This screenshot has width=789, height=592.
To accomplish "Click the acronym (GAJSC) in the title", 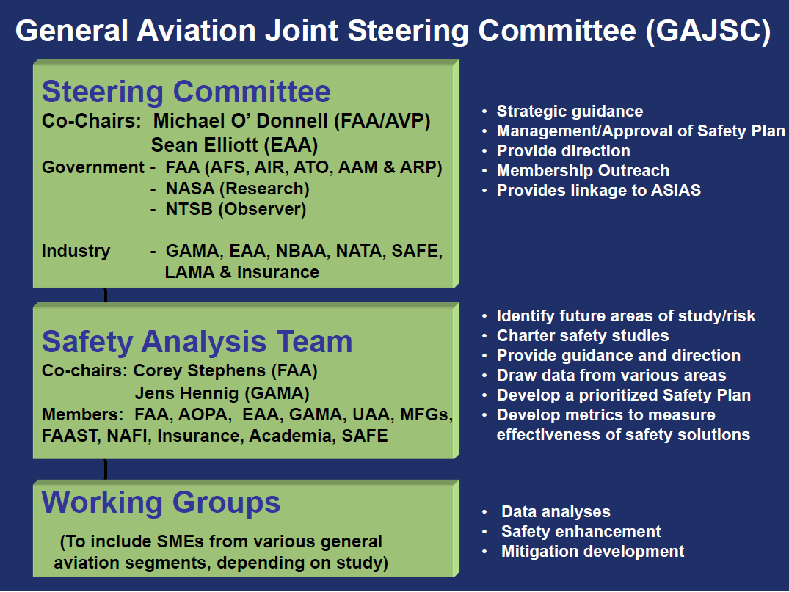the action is [x=708, y=32].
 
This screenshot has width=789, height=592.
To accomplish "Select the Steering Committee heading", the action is [x=186, y=92].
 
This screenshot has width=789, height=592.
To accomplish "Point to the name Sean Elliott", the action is [x=204, y=145].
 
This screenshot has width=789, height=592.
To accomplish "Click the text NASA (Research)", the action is [x=238, y=189].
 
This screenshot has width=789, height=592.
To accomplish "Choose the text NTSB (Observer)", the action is [x=236, y=209].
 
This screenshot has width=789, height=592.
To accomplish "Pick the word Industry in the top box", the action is [x=76, y=251].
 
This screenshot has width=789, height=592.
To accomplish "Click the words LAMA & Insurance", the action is [x=242, y=272].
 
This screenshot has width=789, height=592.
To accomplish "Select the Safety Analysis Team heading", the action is [x=197, y=342].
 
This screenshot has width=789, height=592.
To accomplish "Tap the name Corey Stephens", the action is [x=199, y=370].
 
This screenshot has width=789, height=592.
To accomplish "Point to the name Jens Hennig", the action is [x=187, y=392].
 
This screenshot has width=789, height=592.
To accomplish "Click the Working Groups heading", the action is [x=161, y=503].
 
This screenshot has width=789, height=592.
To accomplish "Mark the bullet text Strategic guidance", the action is [x=570, y=112].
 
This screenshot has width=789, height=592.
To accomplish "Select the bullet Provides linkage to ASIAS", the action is [x=599, y=190].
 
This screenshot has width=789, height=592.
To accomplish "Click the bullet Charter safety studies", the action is [x=583, y=335].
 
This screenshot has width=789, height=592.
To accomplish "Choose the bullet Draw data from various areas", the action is [x=611, y=375].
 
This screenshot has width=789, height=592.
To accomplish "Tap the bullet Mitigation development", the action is [x=593, y=551].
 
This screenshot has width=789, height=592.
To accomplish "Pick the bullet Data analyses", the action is [x=556, y=511].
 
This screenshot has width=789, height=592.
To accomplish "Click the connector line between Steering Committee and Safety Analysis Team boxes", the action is [x=105, y=295].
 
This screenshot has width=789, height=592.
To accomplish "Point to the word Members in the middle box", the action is [x=81, y=414].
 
